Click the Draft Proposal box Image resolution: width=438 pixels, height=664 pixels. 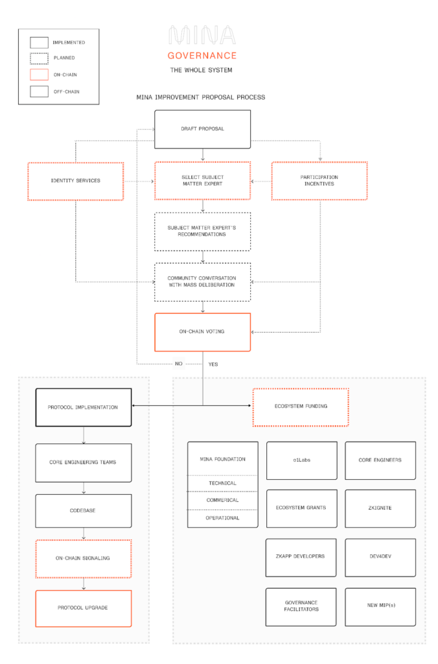point(202,128)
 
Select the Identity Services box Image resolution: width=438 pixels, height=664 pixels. point(76,180)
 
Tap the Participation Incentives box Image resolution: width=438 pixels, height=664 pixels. point(319,180)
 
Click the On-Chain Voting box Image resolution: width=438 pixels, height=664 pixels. point(202,332)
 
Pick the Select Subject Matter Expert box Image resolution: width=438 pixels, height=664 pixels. point(202,180)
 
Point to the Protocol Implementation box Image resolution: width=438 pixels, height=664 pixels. point(84,407)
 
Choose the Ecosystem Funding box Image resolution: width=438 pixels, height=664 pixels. point(301,407)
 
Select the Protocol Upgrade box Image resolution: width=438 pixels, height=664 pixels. point(84,608)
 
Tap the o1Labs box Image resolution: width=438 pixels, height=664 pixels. point(301,460)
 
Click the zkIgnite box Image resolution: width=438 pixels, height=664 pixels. point(380,508)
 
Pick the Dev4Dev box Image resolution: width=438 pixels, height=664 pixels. point(380,557)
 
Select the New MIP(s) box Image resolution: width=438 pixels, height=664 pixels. point(380,606)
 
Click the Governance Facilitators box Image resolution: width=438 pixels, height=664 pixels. point(301,606)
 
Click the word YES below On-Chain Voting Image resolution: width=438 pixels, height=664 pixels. point(213,364)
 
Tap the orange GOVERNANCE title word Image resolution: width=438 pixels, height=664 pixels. point(202,55)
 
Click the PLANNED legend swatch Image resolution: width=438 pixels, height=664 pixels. point(39,58)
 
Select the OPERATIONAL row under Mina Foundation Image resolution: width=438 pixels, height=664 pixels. point(223,518)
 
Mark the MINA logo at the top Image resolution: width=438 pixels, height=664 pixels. point(202,35)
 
